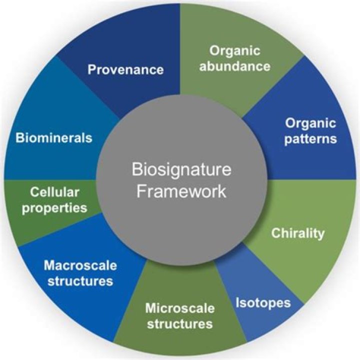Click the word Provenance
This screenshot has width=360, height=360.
[x=125, y=69]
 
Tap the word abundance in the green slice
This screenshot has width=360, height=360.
[x=234, y=65]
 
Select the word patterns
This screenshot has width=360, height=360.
[x=310, y=138]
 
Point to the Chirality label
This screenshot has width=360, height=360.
[x=297, y=233]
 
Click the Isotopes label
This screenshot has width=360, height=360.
[x=262, y=302]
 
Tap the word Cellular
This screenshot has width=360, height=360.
[x=54, y=191]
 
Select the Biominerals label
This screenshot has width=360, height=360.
[x=53, y=137]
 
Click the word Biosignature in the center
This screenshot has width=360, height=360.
[x=181, y=170]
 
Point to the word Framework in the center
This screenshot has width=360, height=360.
[x=181, y=191]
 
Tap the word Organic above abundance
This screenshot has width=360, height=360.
[x=234, y=50]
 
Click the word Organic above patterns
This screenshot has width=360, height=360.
[x=310, y=123]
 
